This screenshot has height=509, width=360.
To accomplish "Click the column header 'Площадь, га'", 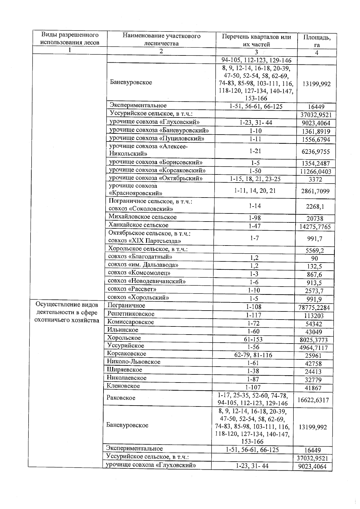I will pos(317,41).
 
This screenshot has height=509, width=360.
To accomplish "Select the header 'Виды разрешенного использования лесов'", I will pos(70,38).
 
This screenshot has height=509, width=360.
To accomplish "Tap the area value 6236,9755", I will pos(315,152).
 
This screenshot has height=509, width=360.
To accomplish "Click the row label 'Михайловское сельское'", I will pos(142,217).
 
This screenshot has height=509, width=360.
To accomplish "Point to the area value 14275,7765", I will pos(315,227).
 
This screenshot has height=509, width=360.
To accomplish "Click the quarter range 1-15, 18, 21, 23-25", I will pos(255,179).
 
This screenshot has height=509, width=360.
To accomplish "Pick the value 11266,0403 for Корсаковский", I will pos(315,171).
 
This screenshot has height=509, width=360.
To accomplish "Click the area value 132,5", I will pos(314,266).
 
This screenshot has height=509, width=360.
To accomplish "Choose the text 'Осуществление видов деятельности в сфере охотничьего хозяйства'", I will pos(67,312).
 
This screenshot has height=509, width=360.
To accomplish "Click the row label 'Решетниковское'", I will pos(131,314).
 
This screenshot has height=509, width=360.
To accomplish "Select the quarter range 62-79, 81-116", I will pos(253,355).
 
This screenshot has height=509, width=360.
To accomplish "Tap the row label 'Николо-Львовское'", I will pos(134,362).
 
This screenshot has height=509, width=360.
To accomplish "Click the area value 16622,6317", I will pos(313,400).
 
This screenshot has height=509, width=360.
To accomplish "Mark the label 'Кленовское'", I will pos(123,386).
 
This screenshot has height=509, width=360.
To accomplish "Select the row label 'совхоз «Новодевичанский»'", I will pos(147,281).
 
